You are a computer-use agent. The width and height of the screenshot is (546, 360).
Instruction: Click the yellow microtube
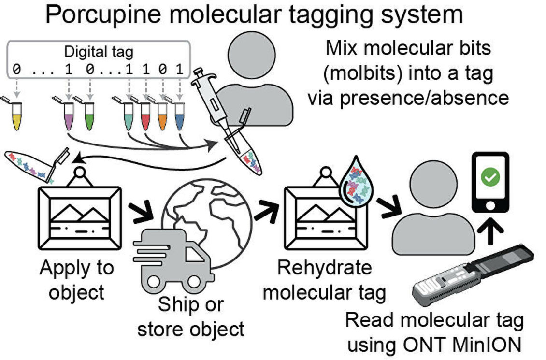[17, 118]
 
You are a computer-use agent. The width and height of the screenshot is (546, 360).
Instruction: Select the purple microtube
[69, 118]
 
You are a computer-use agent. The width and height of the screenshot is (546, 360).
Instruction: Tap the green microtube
[88, 118]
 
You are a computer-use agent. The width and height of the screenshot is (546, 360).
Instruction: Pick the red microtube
[145, 118]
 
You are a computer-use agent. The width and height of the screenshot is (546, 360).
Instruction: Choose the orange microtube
[162, 118]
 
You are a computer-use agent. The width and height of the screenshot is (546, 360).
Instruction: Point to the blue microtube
[179, 118]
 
